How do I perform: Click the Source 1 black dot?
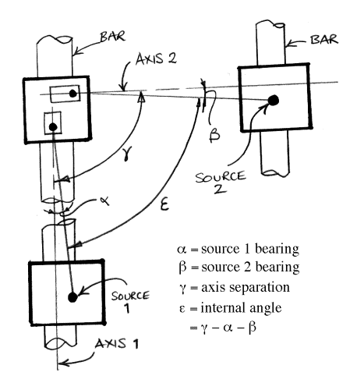[x=72, y=297]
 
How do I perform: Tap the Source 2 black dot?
[x=273, y=100]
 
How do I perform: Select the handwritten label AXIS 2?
[x=156, y=59]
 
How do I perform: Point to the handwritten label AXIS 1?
[x=117, y=344]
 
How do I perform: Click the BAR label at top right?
[x=324, y=40]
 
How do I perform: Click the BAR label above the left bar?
[x=113, y=37]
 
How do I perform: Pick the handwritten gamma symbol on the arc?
[x=127, y=153]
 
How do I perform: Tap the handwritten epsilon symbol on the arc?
[x=164, y=205]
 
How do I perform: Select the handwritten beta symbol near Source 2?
[x=214, y=134]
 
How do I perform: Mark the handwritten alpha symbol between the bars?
[x=104, y=201]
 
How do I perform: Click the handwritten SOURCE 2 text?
[x=221, y=182]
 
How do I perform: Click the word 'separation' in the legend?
[x=259, y=288]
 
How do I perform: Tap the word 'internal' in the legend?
[x=223, y=308]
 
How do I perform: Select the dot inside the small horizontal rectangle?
[x=73, y=94]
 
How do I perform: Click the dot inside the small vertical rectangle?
[x=53, y=127]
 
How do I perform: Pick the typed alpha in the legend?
[x=182, y=250]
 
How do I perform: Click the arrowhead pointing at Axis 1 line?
[x=63, y=362]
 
